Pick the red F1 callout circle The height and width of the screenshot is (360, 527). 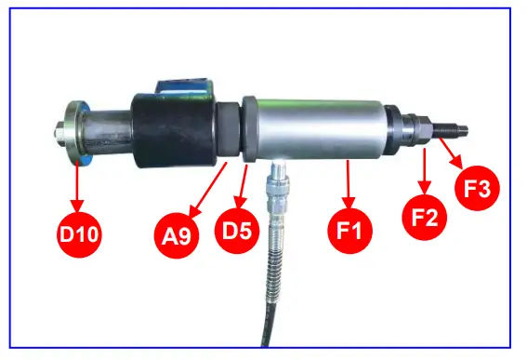click(x=350, y=225)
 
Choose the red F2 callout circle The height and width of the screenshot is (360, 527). click(x=426, y=216)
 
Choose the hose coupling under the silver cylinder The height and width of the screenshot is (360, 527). click(x=275, y=186)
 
